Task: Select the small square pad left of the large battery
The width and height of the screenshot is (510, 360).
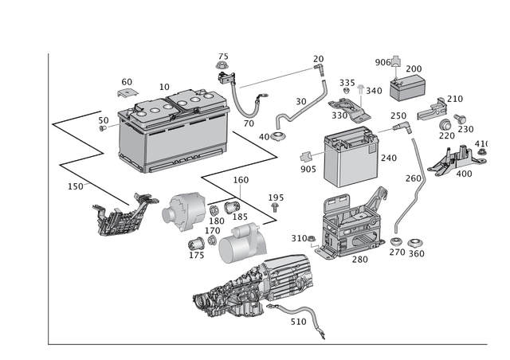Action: (x=128, y=92)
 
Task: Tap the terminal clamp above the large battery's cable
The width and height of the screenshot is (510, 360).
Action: (x=222, y=64)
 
